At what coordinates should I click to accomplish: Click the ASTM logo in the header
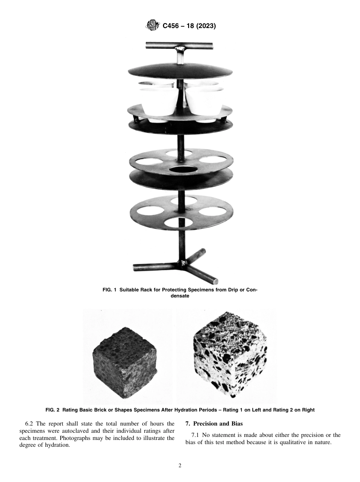153,26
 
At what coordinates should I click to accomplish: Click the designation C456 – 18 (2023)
189,26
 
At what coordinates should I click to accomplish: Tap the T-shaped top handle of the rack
180,47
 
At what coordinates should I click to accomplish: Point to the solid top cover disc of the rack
180,70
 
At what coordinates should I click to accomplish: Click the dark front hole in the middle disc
180,169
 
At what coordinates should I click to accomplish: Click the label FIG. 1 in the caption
110,290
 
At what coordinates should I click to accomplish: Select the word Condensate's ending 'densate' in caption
180,296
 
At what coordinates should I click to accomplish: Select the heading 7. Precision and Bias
214,424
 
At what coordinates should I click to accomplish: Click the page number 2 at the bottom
180,466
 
